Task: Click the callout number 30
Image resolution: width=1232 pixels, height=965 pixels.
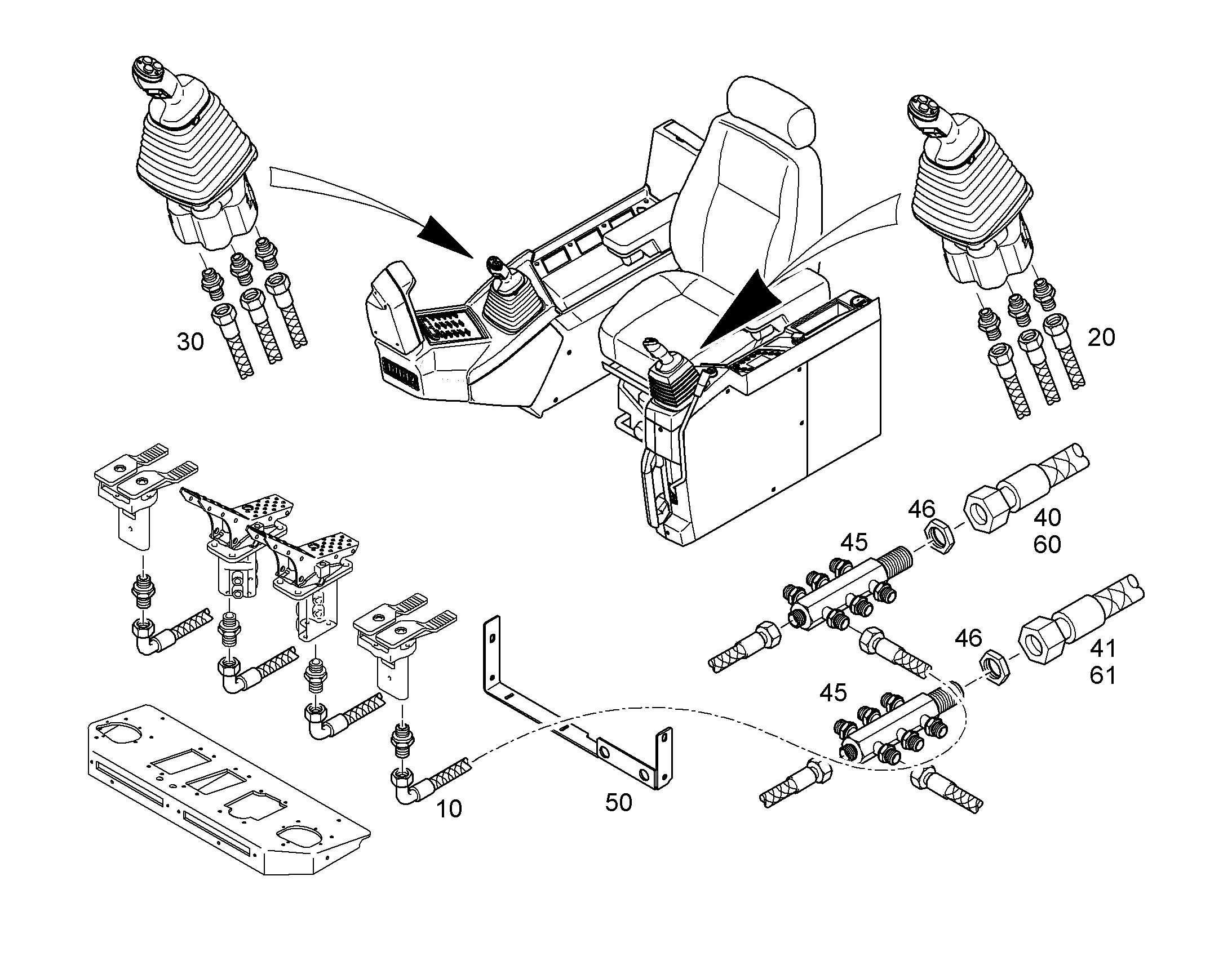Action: click(x=190, y=343)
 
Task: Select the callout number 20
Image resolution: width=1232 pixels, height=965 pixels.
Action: click(x=1101, y=338)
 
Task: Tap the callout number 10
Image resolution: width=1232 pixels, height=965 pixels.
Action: click(x=449, y=810)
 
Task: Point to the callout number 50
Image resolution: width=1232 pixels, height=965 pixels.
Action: click(x=619, y=803)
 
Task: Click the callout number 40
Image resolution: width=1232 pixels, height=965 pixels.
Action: click(x=1048, y=518)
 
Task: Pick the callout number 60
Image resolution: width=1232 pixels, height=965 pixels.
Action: click(x=1048, y=545)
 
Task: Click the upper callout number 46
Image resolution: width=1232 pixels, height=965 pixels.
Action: click(x=921, y=510)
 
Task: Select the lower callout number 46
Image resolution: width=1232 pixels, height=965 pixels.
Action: click(x=969, y=638)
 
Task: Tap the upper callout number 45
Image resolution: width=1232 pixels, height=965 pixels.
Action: click(x=854, y=543)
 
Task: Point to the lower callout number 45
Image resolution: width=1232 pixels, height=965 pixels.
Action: click(x=833, y=693)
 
